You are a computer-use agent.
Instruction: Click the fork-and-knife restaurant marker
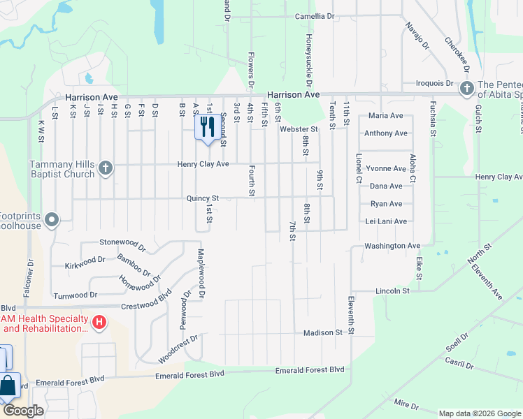point(206,127)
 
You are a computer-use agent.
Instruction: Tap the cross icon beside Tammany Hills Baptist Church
point(105,168)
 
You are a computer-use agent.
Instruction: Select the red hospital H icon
point(99,322)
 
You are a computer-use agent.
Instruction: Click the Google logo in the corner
point(23,411)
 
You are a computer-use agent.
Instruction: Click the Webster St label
point(299,128)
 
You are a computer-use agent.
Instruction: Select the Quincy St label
point(203,198)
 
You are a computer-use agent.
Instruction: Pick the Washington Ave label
point(392,246)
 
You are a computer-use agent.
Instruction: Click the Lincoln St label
point(392,291)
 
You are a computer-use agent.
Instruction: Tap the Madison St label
point(322,333)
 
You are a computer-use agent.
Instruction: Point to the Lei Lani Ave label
point(387,221)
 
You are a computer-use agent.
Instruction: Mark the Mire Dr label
point(406,404)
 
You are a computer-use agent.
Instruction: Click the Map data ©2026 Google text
point(480,413)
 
